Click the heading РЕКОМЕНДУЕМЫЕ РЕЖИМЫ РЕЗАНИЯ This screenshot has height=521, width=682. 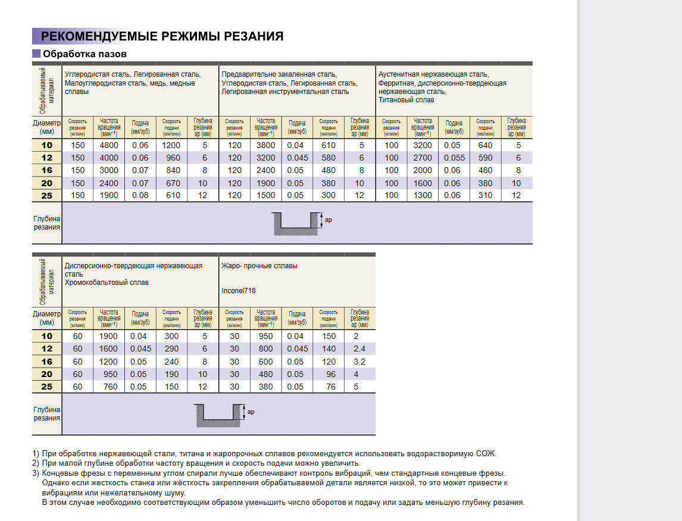pos(162,36)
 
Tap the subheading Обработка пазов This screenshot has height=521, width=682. pos(85,54)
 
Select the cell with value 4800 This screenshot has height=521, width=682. pos(109,145)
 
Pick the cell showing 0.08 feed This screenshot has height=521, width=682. pos(140,195)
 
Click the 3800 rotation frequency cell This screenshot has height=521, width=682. pos(265,145)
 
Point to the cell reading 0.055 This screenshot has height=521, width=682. pos(454,158)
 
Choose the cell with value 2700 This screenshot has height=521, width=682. pos(423,158)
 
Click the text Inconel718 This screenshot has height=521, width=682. pos(239,291)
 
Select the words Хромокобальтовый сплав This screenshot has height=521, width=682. pos(107,283)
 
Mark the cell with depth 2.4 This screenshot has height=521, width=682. pos(359,349)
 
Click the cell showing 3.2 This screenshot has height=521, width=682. pos(359,362)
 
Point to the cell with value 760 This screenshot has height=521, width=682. pos(108,387)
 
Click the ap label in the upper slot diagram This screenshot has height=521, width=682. pos(328,219)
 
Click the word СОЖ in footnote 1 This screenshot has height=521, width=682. pos(486,453)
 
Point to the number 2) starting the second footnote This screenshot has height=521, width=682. pos(36,463)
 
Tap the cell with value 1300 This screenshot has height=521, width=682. pos(423,195)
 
